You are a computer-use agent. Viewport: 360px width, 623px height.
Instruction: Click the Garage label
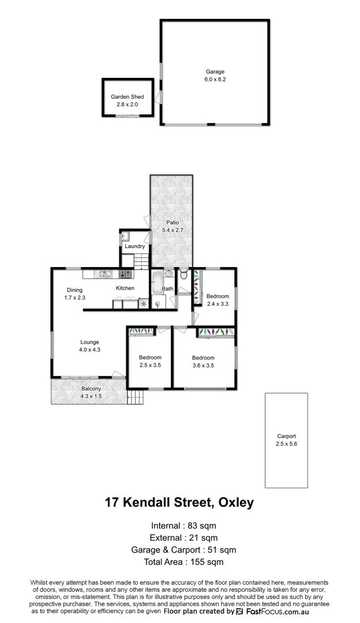coord(214,72)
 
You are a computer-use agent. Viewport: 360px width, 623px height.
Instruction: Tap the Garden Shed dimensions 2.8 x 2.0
coord(127,104)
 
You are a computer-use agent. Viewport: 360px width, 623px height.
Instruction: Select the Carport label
coord(286,436)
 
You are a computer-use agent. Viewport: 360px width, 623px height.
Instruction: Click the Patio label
coord(172,222)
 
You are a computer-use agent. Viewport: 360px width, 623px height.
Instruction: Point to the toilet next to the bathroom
coord(183,275)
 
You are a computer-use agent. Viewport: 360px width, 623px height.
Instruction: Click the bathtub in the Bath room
coord(156,282)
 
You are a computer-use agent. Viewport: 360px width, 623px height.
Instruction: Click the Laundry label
coord(134,247)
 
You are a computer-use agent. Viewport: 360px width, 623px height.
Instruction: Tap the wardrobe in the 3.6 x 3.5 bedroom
coord(215,332)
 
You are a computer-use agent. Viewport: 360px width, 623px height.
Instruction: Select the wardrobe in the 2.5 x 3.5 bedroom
coord(141,331)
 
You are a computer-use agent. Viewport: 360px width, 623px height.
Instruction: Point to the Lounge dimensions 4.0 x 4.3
coord(89,350)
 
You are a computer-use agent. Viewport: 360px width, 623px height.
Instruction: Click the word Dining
coord(74,290)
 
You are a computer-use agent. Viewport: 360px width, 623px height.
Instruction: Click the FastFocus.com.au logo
coord(283,611)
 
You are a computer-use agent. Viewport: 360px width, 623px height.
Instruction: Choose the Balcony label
coord(91,389)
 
